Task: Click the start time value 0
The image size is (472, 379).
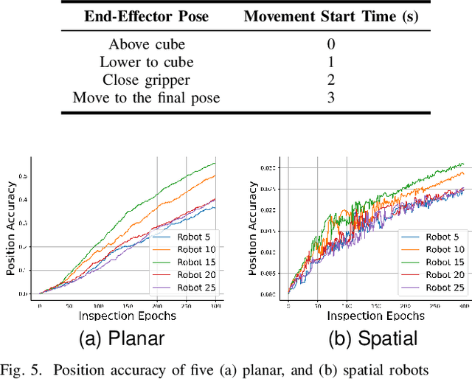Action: pyautogui.click(x=330, y=44)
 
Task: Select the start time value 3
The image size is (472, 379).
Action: pyautogui.click(x=330, y=97)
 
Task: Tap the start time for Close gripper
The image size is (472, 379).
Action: pyautogui.click(x=330, y=80)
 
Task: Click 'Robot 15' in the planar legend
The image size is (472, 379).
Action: pyautogui.click(x=195, y=262)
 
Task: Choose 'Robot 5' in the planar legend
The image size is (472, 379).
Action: pyautogui.click(x=192, y=237)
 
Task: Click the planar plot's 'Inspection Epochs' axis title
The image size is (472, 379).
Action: pyautogui.click(x=128, y=315)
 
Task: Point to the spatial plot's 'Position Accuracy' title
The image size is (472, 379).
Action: pyautogui.click(x=253, y=229)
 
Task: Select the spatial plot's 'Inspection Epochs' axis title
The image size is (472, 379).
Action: pyautogui.click(x=376, y=315)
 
